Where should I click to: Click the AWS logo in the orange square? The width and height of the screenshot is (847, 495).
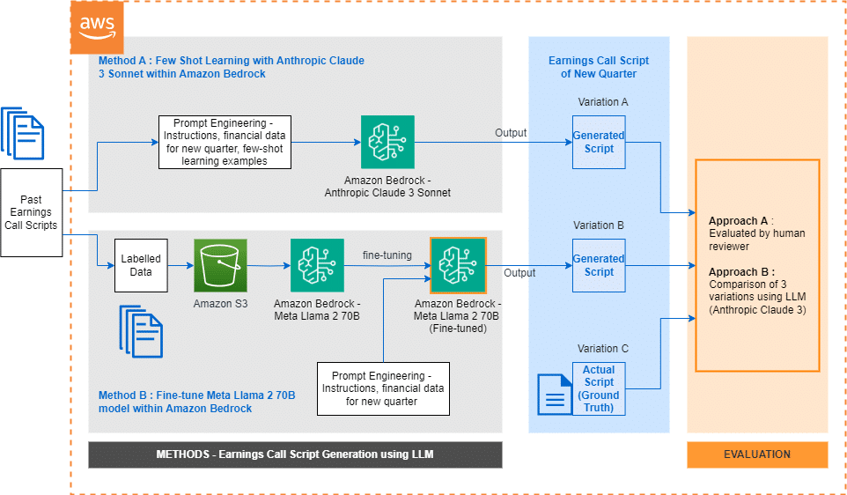click(96, 27)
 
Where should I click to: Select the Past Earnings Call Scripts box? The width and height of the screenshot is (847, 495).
click(31, 212)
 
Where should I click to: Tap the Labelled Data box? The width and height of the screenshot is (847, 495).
click(141, 265)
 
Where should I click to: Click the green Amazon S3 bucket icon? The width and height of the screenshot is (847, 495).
click(221, 265)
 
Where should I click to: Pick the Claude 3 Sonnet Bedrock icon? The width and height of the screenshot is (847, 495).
click(387, 142)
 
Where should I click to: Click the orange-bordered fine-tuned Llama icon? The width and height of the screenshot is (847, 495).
click(458, 265)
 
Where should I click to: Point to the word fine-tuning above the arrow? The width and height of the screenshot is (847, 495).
click(387, 255)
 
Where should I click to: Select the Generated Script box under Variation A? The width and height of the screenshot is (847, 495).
click(599, 142)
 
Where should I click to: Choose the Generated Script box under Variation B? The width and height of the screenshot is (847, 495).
click(599, 265)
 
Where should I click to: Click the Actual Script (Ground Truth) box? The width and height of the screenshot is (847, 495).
click(599, 388)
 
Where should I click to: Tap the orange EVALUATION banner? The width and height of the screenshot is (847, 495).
click(757, 454)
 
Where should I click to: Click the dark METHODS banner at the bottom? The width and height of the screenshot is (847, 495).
click(295, 454)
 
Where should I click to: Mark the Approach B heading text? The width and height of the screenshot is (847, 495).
click(741, 271)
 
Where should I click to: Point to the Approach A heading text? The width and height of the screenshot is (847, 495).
click(741, 219)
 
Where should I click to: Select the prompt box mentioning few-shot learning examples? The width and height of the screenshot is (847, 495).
click(225, 142)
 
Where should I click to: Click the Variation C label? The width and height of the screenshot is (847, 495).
click(599, 349)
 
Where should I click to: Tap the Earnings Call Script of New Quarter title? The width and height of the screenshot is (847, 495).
click(599, 67)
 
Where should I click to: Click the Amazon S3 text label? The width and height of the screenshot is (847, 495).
click(221, 302)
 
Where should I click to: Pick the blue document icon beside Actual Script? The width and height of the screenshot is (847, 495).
click(554, 394)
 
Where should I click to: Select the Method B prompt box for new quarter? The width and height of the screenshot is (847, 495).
click(383, 388)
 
